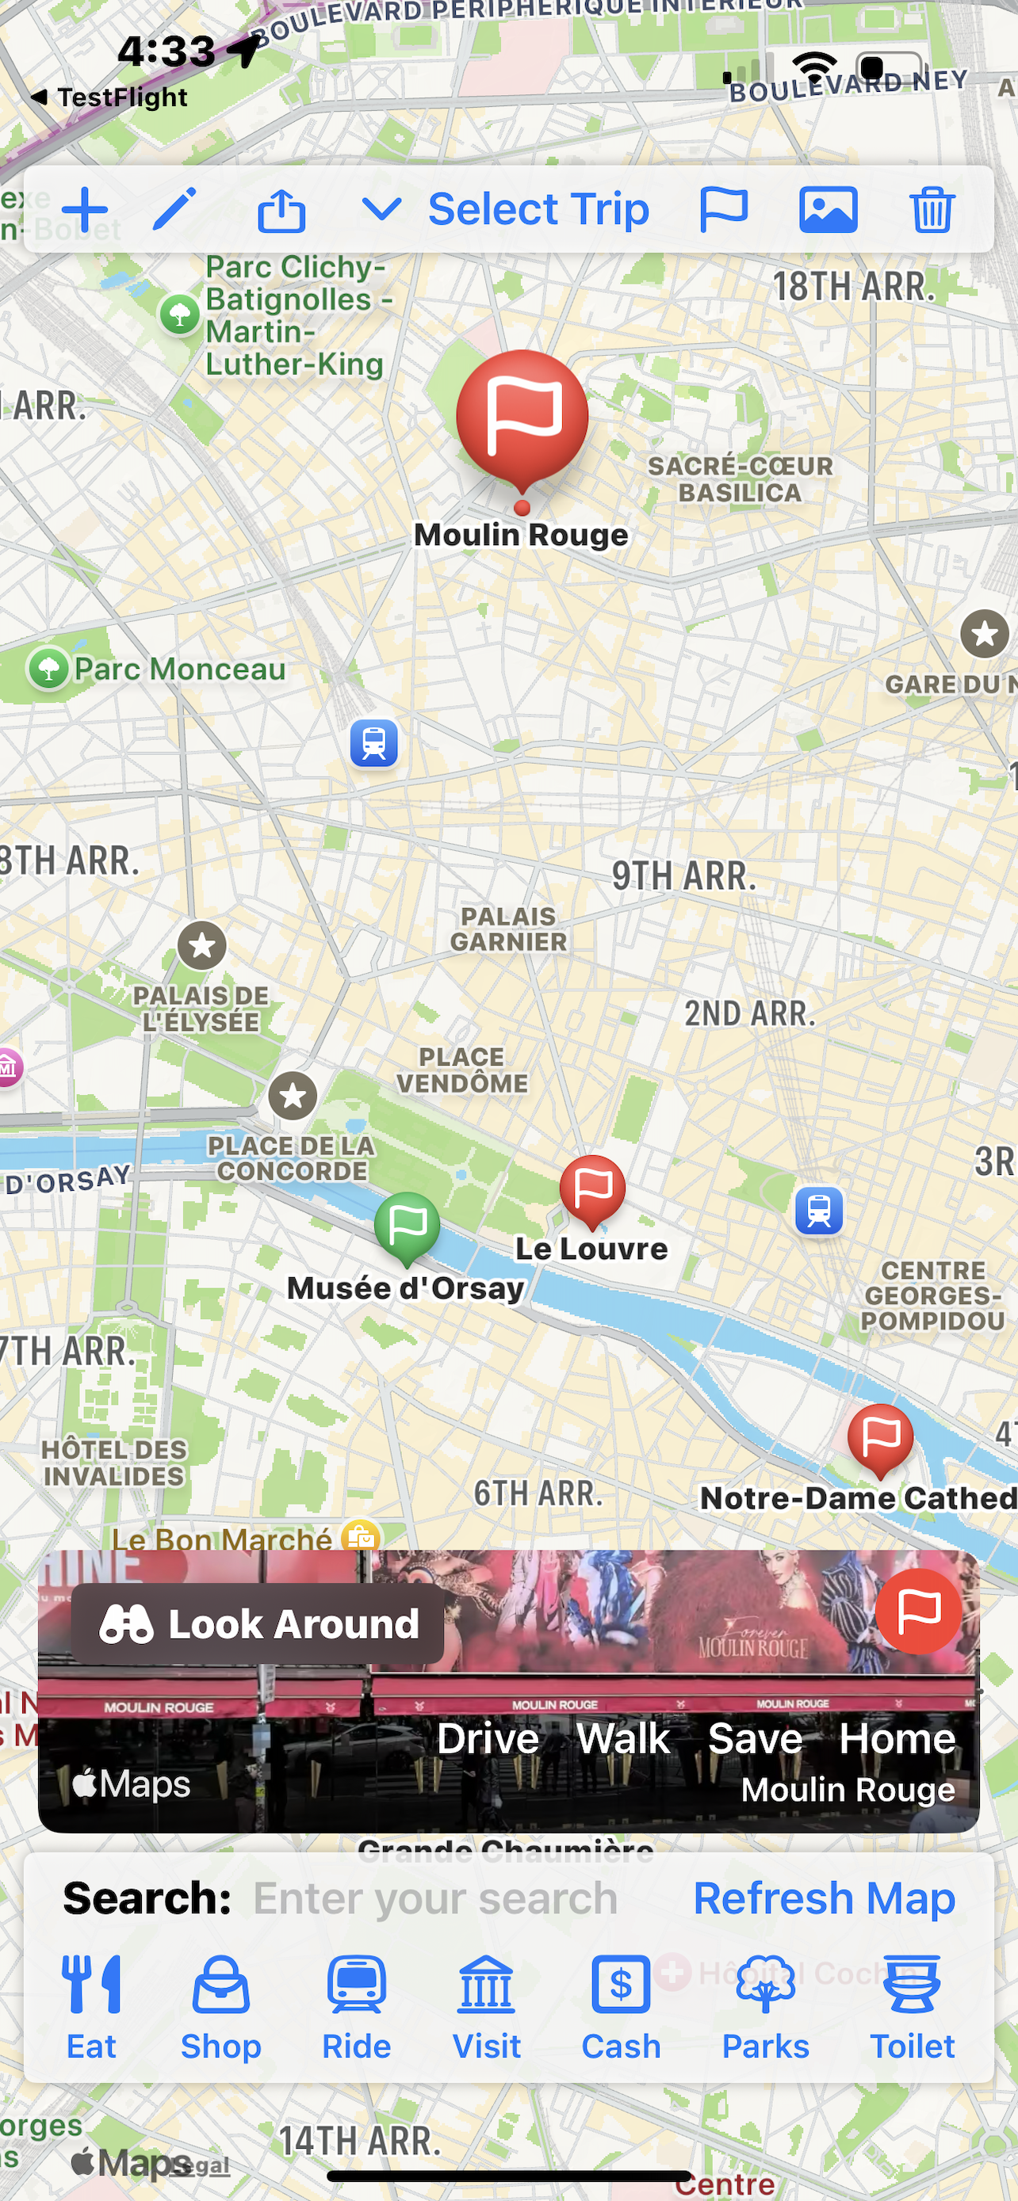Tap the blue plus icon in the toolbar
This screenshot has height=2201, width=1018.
pos(85,209)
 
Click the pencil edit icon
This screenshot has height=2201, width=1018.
pos(175,209)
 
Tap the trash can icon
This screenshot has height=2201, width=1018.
pos(931,209)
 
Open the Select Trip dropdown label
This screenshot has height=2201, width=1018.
pos(538,209)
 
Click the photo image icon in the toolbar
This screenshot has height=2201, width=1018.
pos(828,209)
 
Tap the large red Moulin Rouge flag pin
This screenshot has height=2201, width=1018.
pos(522,418)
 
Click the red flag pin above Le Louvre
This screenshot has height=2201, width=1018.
pos(592,1188)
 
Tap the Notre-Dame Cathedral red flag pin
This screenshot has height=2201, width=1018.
pos(879,1437)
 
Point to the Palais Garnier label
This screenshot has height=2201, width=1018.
pos(508,929)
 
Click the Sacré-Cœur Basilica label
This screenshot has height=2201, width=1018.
pos(741,479)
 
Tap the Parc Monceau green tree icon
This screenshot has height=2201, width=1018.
pos(48,668)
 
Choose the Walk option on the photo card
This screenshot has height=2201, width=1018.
pos(623,1739)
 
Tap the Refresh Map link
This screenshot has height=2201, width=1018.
pos(823,1898)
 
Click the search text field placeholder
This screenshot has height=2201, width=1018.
pos(435,1898)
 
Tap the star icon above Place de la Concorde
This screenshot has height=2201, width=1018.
pos(293,1096)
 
